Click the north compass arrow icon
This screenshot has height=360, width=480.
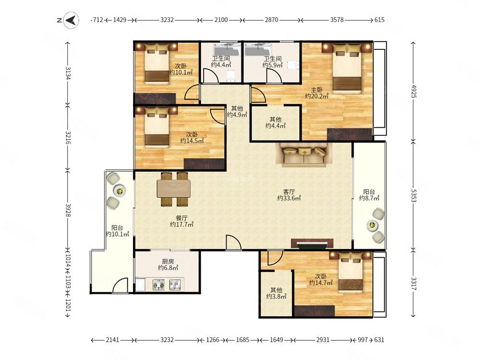[72, 20]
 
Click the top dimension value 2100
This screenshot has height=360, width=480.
[221, 20]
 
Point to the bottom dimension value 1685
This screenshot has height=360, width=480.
[242, 340]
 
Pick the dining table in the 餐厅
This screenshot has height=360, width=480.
[174, 189]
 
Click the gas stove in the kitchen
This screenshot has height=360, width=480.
[159, 285]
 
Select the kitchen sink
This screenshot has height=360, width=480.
[177, 285]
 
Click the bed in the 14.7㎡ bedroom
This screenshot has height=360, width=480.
[351, 271]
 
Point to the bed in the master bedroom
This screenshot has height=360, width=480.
[347, 68]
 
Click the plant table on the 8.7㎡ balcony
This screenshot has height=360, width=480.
[372, 226]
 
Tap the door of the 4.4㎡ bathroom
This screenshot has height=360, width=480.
[211, 76]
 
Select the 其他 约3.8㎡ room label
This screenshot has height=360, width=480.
[276, 293]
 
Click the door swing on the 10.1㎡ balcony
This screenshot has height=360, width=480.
[120, 285]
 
